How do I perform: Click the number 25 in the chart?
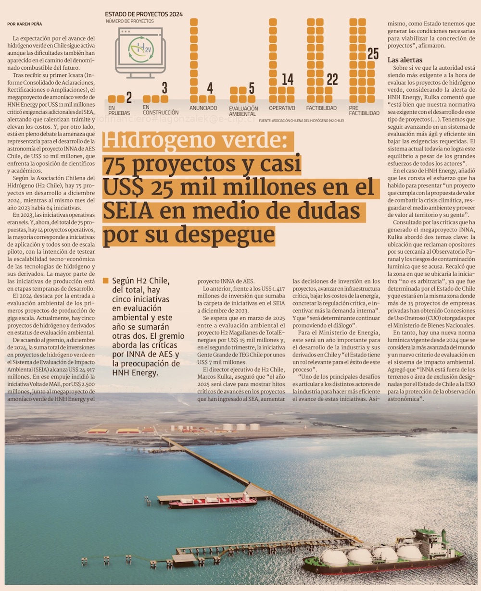[x=373, y=54]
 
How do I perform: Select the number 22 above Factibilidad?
[x=332, y=80]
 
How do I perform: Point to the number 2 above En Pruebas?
[x=128, y=98]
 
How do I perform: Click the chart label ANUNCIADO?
[x=203, y=109]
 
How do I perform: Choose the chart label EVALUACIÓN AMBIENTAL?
[x=243, y=111]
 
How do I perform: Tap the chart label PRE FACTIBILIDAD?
[x=364, y=111]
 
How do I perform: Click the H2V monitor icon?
[x=140, y=51]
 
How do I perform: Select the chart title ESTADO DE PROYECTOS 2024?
[x=144, y=14]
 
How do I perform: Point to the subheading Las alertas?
[x=405, y=60]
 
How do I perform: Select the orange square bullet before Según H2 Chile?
[x=106, y=280]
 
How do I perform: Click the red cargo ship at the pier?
[x=212, y=502]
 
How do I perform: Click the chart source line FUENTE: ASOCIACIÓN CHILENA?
[x=301, y=121]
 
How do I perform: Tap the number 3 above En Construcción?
[x=165, y=88]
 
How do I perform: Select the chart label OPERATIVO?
[x=282, y=109]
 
